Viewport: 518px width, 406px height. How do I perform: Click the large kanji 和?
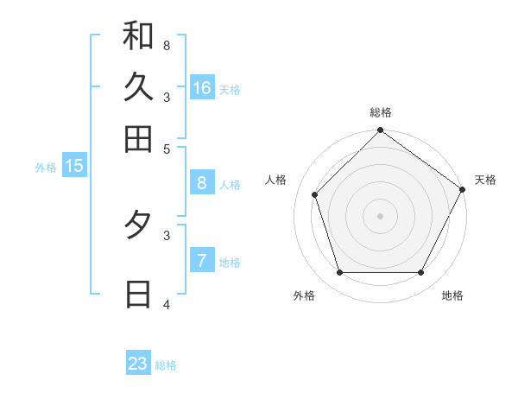tap(138, 36)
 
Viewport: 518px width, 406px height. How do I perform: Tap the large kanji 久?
tap(138, 87)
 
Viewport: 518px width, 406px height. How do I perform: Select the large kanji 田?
tap(138, 138)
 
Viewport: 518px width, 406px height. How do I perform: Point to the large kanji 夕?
tap(138, 225)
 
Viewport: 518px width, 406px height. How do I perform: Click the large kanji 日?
tap(138, 295)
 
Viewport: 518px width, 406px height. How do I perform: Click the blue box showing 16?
tap(202, 88)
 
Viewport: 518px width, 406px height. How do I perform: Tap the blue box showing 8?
tap(202, 183)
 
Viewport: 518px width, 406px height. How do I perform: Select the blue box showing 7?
tap(202, 261)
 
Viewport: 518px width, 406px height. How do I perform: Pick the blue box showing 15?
tap(74, 166)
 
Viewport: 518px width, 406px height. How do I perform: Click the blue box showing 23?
tap(138, 364)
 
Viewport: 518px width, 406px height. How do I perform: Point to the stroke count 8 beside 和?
tap(166, 44)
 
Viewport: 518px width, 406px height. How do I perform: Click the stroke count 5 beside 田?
tap(167, 149)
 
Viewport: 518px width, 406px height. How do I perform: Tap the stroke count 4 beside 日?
tap(167, 304)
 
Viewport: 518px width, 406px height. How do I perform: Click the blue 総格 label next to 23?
tap(166, 365)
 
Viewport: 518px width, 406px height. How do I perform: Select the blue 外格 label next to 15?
tap(45, 168)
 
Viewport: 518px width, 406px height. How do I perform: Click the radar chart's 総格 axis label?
tap(380, 112)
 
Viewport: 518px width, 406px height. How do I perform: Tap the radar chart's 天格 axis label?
tap(485, 180)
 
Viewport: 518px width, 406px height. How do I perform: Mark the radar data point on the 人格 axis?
tap(314, 194)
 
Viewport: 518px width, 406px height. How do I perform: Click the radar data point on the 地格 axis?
tap(420, 272)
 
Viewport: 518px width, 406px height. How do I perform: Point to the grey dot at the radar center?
tap(380, 216)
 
